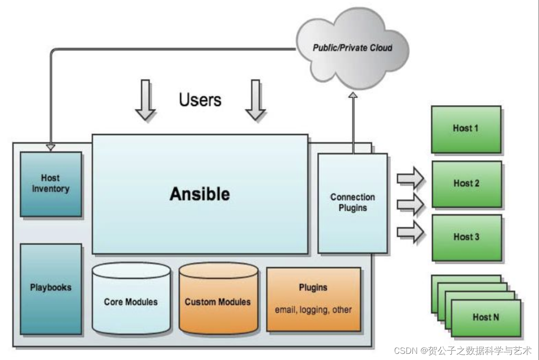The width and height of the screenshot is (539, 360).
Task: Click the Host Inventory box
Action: pyautogui.click(x=51, y=184)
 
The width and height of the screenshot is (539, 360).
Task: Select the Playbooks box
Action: pyautogui.click(x=51, y=289)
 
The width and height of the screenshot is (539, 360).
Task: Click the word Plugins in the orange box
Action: pyautogui.click(x=313, y=287)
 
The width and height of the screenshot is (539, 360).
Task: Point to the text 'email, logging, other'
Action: pyautogui.click(x=313, y=310)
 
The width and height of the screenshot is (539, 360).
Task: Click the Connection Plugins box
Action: pyautogui.click(x=353, y=203)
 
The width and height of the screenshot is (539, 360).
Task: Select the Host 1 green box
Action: pyautogui.click(x=466, y=129)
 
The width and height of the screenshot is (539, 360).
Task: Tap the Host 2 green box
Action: pyautogui.click(x=467, y=184)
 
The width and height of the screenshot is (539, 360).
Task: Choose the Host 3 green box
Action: pyautogui.click(x=467, y=238)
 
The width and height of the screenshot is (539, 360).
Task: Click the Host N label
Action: pyautogui.click(x=486, y=317)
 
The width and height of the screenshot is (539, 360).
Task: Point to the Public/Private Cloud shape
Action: pyautogui.click(x=352, y=48)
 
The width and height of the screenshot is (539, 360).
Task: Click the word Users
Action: pyautogui.click(x=200, y=100)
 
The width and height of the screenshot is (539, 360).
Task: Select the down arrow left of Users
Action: pyautogui.click(x=145, y=100)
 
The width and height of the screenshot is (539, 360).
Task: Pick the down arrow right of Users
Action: pyautogui.click(x=256, y=100)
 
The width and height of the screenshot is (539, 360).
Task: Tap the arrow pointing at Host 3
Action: pyautogui.click(x=411, y=232)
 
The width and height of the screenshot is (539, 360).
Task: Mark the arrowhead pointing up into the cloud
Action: pyautogui.click(x=353, y=95)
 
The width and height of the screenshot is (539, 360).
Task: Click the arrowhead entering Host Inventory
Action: pyautogui.click(x=51, y=147)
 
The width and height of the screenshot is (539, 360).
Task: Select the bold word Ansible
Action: pyautogui.click(x=200, y=194)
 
